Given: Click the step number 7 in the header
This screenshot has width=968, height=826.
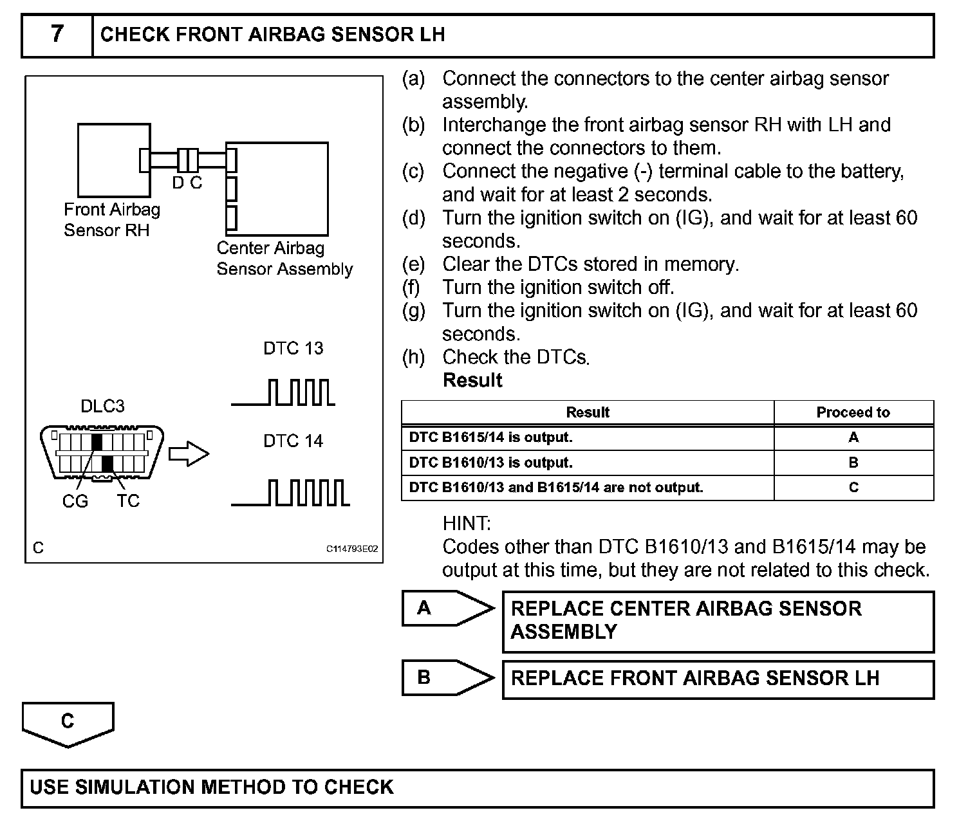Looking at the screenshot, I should click(57, 34).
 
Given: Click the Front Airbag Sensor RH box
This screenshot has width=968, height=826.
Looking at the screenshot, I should click(113, 160).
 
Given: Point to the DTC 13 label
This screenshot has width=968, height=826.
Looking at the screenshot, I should click(293, 349).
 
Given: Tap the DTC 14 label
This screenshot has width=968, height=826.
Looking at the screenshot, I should click(293, 441).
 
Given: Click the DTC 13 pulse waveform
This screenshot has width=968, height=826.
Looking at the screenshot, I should click(283, 393).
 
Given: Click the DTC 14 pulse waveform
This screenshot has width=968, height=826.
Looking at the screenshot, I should click(290, 493).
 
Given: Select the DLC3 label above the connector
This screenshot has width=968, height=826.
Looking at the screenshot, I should click(102, 407).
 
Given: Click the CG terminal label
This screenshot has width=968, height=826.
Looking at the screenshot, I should click(75, 501).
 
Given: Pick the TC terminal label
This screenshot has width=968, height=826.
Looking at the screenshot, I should click(128, 501).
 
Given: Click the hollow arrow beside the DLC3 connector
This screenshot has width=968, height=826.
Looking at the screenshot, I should click(189, 454).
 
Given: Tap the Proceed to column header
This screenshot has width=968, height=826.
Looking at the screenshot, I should click(853, 412).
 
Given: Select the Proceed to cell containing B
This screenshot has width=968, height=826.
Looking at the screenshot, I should click(853, 463).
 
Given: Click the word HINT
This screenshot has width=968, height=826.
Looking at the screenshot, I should click(467, 524).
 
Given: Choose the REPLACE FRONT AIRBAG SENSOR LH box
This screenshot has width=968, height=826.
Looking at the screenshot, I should click(717, 679).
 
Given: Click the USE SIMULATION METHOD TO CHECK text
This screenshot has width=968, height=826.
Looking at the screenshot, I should click(212, 787).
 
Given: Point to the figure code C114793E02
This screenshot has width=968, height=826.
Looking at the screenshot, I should click(352, 549).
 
